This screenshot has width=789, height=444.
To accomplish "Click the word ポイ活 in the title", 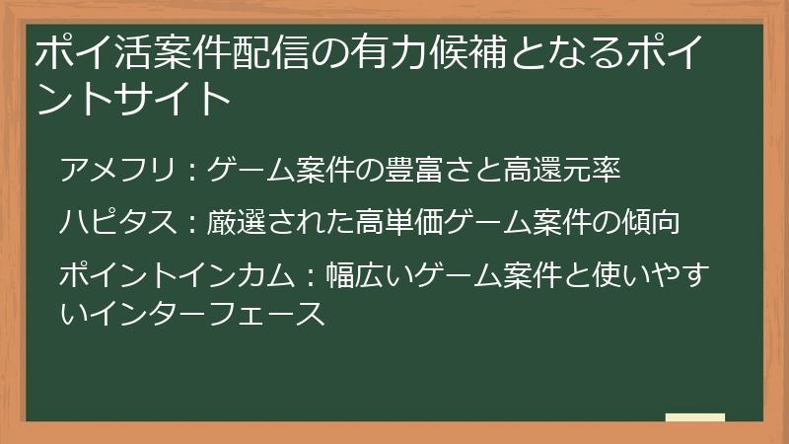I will click(x=85, y=52).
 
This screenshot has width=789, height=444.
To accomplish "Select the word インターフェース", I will click(x=204, y=314).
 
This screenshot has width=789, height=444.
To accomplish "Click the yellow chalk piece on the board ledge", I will click(x=694, y=418).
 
